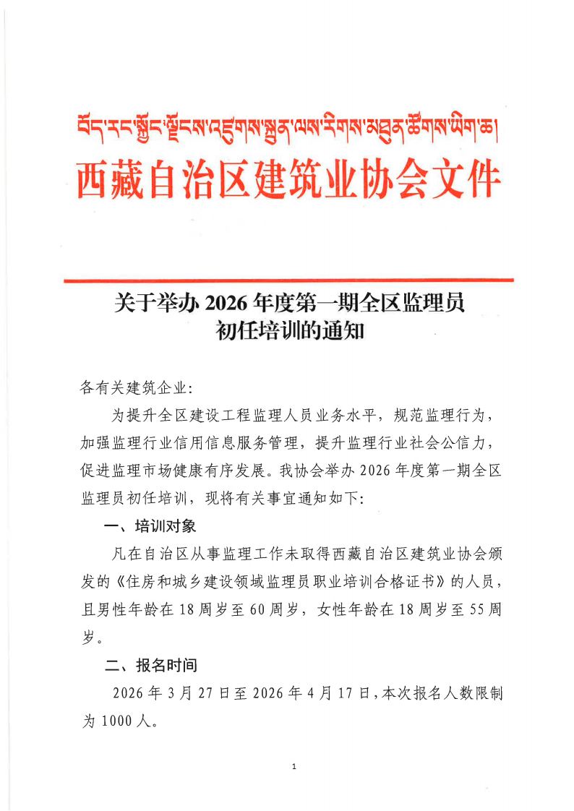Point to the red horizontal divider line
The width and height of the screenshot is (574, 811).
click(288, 280)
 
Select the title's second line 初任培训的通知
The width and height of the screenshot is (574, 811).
click(288, 332)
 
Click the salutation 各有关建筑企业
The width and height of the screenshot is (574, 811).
click(136, 388)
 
